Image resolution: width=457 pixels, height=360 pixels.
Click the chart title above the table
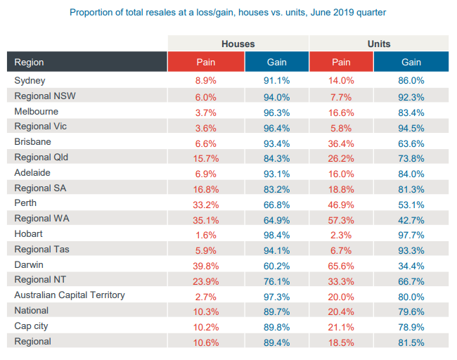coord(228,13)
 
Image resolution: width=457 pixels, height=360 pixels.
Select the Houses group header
coord(238,44)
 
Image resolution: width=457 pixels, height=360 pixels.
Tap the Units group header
coord(379,44)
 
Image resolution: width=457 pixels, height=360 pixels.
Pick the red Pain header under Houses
coord(206,62)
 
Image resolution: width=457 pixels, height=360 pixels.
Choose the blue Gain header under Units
coord(411,62)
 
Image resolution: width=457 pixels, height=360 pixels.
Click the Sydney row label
coord(30,81)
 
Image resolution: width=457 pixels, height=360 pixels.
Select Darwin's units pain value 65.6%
coord(341,265)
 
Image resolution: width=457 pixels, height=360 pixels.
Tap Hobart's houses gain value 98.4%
coord(276,234)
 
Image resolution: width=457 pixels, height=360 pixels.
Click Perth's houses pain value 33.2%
coord(206,204)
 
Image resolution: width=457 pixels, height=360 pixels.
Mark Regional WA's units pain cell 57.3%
coord(341,219)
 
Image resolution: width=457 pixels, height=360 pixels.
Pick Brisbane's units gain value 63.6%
coord(411,142)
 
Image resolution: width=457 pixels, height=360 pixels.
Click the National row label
coord(32,311)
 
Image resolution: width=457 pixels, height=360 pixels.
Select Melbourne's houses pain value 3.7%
coord(206,112)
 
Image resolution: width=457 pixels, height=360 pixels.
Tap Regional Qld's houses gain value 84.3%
coord(276,157)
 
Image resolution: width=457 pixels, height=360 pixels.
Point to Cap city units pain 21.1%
coord(341,326)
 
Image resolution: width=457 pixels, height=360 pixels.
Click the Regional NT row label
coord(41,280)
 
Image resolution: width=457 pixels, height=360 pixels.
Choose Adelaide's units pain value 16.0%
coord(341,173)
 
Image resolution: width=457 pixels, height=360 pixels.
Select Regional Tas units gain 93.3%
coord(411,250)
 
